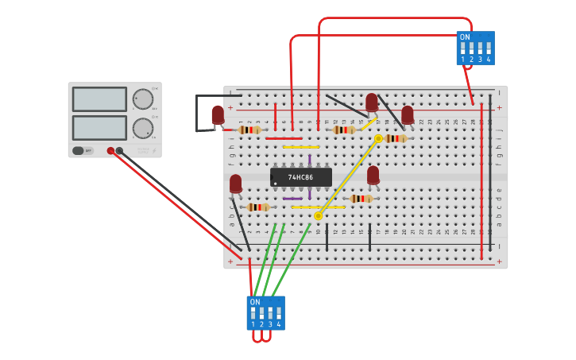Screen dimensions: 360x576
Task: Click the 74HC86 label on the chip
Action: [301, 177]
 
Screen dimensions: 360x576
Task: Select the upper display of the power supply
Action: [99, 99]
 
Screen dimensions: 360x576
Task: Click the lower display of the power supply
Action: [99, 127]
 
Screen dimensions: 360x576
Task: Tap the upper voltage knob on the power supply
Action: [143, 99]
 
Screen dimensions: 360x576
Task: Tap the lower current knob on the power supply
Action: [143, 128]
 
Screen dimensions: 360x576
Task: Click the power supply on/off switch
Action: [78, 150]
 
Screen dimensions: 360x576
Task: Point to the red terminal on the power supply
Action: [110, 150]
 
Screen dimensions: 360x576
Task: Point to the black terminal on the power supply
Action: [119, 150]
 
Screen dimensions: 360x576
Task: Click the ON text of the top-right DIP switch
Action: [465, 37]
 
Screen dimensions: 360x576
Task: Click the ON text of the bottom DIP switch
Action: [255, 302]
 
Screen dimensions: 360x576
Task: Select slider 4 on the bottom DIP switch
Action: [278, 313]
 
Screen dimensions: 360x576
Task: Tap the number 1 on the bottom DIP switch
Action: [253, 324]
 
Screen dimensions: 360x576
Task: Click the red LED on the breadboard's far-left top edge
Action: [218, 115]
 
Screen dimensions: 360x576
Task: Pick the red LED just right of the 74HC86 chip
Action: [373, 174]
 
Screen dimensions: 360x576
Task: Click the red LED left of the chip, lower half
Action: [235, 184]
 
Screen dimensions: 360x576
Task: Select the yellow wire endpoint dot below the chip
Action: [318, 215]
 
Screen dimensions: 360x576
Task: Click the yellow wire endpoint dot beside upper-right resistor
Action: [378, 138]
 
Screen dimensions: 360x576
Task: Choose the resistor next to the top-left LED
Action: [249, 130]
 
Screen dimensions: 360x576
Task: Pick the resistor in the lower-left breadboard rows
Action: [258, 207]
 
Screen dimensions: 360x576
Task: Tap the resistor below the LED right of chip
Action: [361, 199]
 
